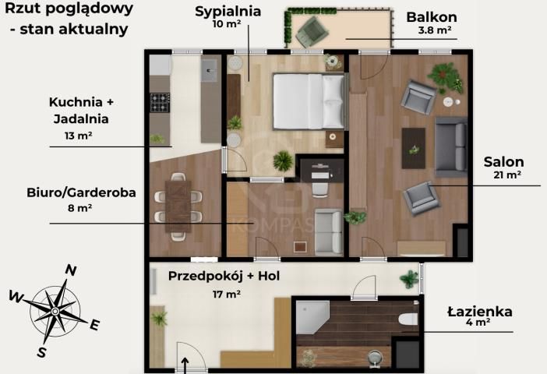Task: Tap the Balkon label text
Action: click(x=431, y=17)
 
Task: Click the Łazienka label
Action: click(x=479, y=312)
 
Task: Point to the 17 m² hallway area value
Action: click(x=226, y=294)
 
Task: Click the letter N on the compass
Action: click(x=70, y=270)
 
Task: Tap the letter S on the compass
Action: click(x=41, y=352)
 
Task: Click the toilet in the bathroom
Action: click(x=407, y=319)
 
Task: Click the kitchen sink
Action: click(x=210, y=72)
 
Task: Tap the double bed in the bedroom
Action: click(x=307, y=101)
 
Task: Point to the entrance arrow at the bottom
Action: click(x=185, y=364)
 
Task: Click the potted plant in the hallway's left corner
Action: click(x=160, y=317)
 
